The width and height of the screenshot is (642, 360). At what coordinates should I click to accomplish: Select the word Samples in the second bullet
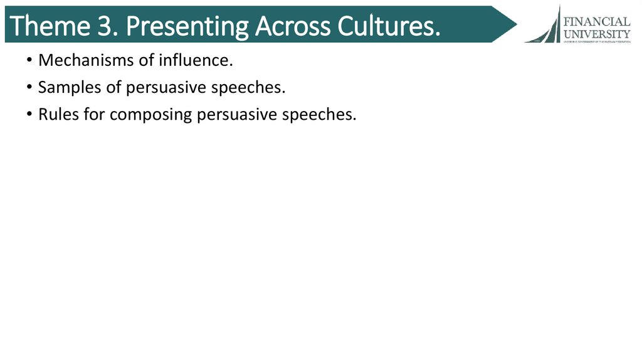70,88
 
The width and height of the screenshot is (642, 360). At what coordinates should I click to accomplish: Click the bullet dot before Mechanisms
30,61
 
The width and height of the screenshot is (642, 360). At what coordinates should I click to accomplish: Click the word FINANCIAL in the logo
597,21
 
